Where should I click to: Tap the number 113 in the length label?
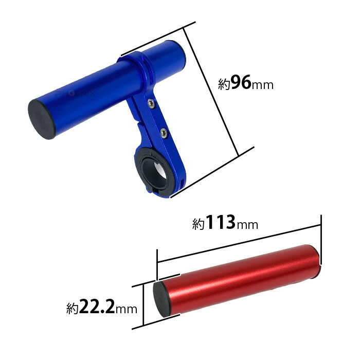[x=221, y=222]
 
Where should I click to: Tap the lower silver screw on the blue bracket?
[x=164, y=133]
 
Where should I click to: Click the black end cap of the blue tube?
[x=42, y=119]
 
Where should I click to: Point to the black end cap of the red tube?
[x=162, y=299]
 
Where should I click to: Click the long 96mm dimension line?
[x=210, y=92]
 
